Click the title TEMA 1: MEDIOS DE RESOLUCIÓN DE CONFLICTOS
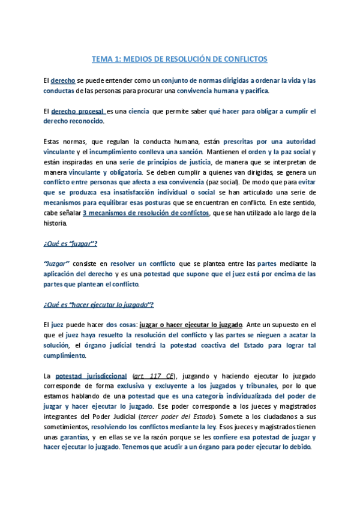coord(179,59)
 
